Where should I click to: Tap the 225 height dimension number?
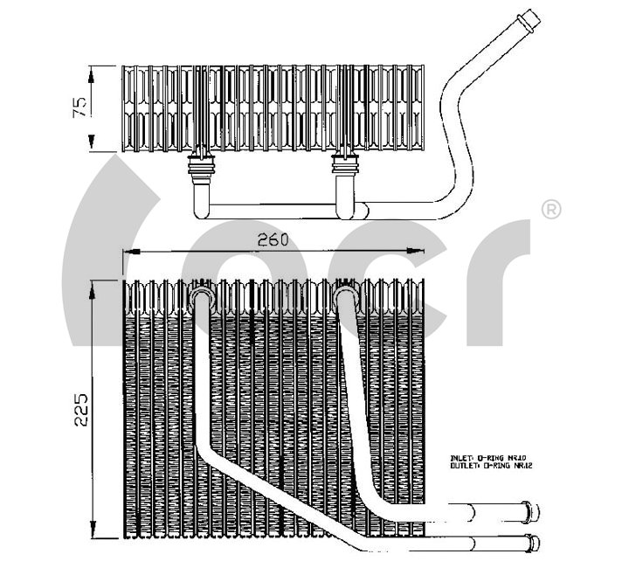80,410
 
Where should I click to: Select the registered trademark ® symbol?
551,210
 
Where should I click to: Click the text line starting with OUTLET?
490,467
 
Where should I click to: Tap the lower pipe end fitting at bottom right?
531,539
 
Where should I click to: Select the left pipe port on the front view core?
201,298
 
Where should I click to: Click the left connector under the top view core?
201,166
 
